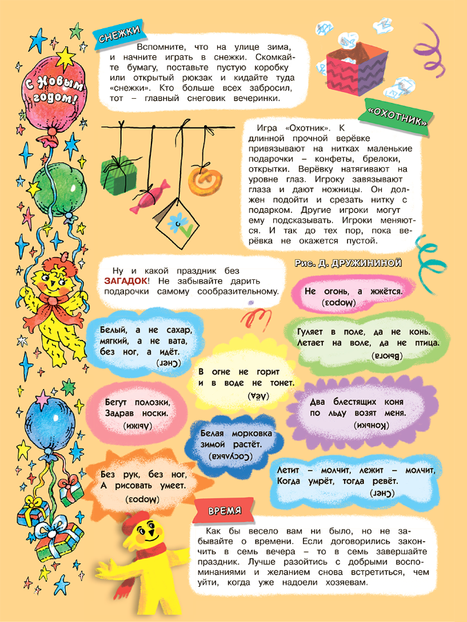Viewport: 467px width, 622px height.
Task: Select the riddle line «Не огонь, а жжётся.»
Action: (x=354, y=292)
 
